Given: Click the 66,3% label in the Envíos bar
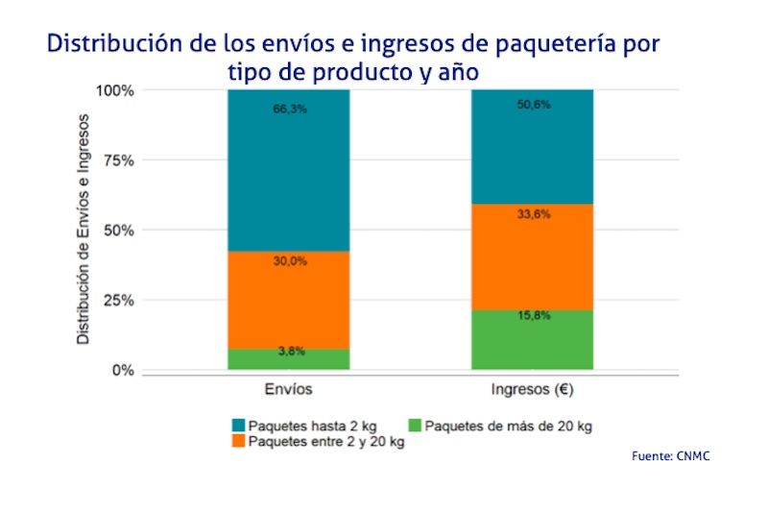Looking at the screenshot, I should [289, 110].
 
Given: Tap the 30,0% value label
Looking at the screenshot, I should [289, 261].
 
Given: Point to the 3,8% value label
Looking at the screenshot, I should [291, 352].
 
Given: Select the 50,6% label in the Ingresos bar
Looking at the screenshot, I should [533, 105].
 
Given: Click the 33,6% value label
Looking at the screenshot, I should [533, 215].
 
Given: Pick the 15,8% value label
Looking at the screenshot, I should [533, 315].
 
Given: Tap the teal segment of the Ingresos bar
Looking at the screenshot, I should [533, 154].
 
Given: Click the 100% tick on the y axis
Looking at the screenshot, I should [114, 90].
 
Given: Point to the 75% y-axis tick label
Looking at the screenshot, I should [118, 160].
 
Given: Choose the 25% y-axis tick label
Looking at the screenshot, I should [118, 301].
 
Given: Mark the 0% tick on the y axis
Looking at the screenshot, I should [123, 371].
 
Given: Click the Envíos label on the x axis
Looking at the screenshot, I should [288, 391].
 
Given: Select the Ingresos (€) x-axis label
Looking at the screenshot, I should [532, 391].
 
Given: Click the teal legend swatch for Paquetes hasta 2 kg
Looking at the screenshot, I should [238, 425].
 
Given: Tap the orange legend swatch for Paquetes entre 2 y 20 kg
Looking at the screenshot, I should [238, 442].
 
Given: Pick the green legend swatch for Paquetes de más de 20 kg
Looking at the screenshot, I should [415, 425].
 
